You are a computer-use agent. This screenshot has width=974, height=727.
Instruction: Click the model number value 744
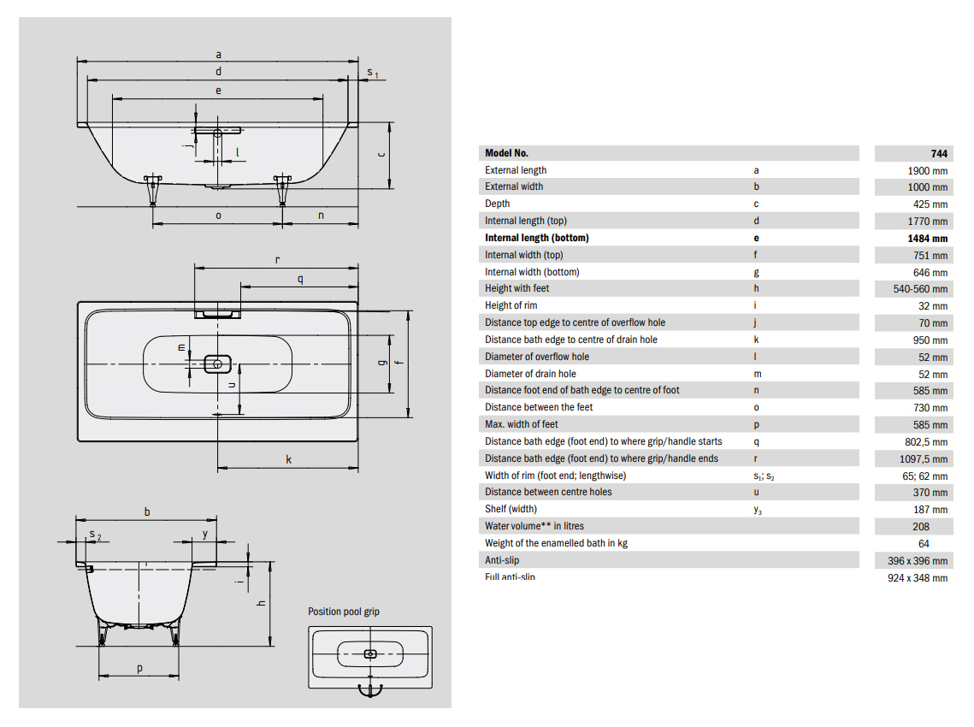(939, 153)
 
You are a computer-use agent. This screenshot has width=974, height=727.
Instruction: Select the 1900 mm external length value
(928, 170)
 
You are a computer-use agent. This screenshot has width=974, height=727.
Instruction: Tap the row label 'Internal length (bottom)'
(536, 238)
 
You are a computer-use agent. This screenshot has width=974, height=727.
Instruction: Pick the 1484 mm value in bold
(928, 239)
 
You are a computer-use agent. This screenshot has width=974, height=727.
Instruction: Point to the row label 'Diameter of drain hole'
(530, 374)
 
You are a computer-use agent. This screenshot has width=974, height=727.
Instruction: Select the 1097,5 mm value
(924, 458)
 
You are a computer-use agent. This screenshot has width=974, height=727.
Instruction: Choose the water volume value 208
(921, 526)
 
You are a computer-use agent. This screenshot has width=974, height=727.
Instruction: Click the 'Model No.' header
(506, 153)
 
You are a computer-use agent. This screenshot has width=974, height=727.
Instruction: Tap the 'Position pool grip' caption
(344, 612)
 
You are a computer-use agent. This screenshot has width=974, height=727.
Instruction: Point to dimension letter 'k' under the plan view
(289, 459)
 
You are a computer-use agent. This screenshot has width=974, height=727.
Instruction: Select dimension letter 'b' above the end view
(147, 511)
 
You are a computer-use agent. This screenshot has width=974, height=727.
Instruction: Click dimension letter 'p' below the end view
(139, 668)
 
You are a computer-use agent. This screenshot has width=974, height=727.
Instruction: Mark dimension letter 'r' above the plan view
(277, 258)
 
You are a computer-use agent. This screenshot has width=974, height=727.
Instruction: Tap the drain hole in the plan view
(217, 364)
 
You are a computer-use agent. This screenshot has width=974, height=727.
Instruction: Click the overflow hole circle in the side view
(217, 133)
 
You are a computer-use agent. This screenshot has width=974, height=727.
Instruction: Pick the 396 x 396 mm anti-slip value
(912, 560)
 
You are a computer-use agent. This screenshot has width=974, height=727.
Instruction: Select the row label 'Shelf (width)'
(511, 509)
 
